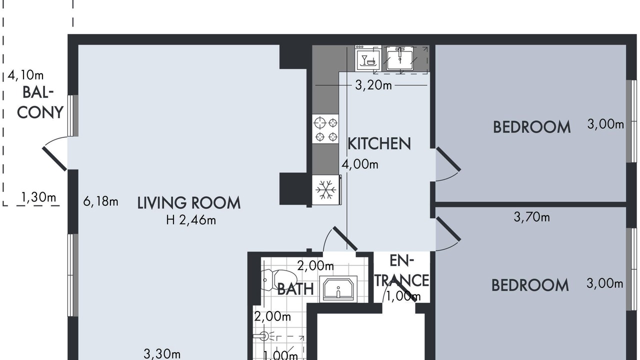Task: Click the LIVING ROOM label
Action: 189,203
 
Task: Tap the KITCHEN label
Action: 379,143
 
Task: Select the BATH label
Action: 295,289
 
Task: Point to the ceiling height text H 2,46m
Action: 191,220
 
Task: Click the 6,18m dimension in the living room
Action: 100,201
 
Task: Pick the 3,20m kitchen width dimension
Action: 373,85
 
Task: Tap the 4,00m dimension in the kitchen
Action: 360,164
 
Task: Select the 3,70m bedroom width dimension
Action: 531,217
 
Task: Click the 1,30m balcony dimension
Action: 38,197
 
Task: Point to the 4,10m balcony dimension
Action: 25,75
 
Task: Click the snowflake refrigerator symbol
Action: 325,189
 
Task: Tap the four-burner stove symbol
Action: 325,129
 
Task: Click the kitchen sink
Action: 399,59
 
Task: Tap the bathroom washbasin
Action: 338,288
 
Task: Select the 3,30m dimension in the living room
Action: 162,354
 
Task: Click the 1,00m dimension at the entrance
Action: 403,296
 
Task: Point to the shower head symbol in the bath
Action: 264,336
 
